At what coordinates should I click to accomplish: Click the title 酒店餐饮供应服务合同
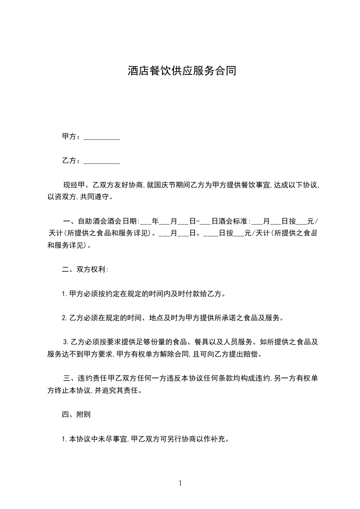(182, 71)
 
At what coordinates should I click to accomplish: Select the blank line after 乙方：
(102, 161)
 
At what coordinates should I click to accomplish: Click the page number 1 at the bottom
(180, 483)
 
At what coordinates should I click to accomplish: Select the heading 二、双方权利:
(85, 269)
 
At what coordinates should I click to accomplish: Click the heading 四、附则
(79, 414)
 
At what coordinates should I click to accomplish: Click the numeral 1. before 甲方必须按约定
(64, 294)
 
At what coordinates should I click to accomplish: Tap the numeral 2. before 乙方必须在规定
(64, 318)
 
